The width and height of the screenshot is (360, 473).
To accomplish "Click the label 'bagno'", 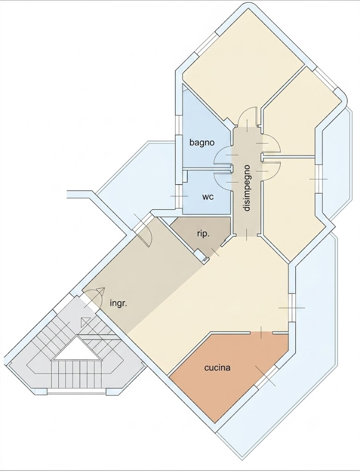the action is click(x=202, y=142).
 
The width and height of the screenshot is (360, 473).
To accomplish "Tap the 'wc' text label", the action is click(x=208, y=197).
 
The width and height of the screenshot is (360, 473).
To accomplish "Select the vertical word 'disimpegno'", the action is click(x=247, y=188).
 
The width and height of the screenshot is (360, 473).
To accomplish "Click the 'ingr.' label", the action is click(x=118, y=303).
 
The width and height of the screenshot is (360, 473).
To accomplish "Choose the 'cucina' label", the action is click(x=217, y=368).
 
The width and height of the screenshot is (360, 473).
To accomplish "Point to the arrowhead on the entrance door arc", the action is click(x=100, y=292).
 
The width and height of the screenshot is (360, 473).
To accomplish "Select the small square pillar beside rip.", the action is click(x=200, y=255).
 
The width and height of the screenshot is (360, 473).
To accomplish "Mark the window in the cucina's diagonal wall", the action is click(x=265, y=376).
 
